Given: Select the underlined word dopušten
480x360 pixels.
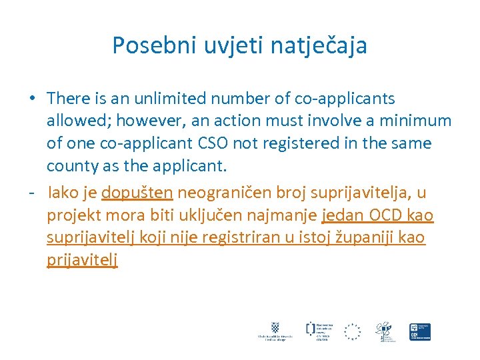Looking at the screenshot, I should pos(137,193).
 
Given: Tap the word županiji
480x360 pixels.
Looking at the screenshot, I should pos(361,237).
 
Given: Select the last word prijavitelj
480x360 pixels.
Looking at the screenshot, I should pos(82,259).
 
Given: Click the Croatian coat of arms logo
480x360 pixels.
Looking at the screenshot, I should pos(274,329).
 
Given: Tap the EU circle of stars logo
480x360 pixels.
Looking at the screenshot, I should pos(352,331).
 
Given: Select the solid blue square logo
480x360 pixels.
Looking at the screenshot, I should pos(420,331).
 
